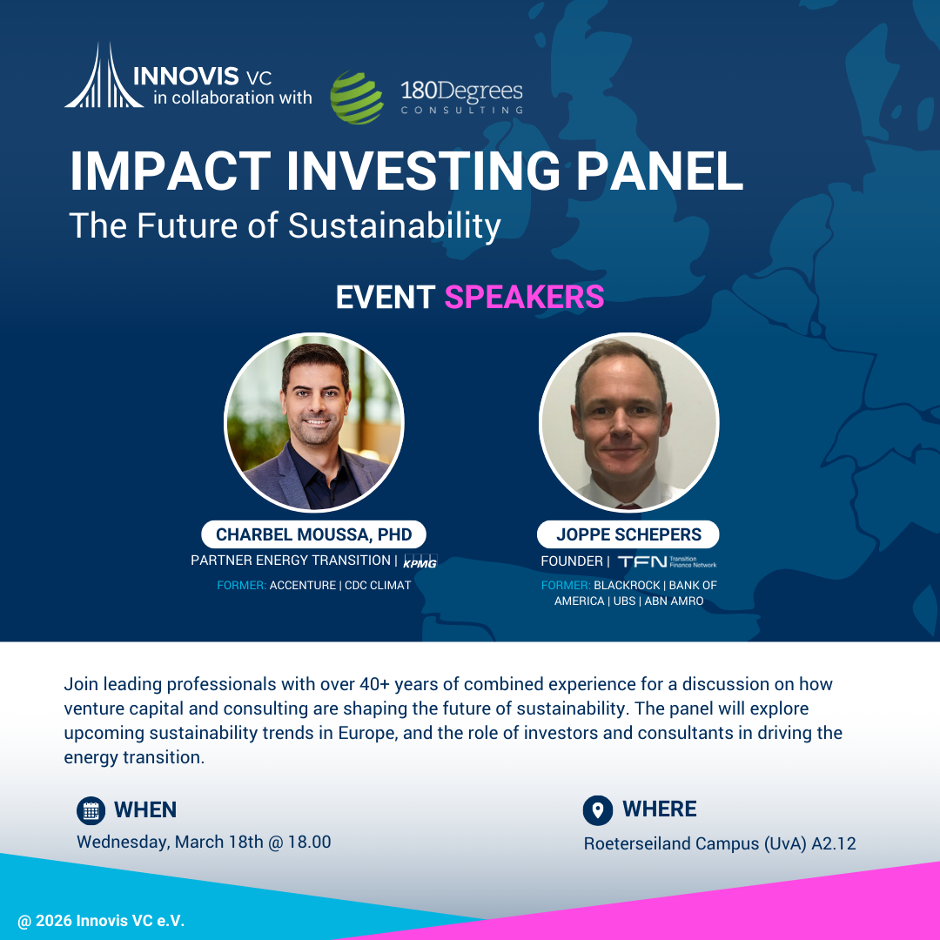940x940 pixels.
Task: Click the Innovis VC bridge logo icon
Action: [104, 76]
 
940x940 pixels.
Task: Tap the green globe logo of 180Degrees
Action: [357, 97]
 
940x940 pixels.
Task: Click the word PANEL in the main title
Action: [660, 171]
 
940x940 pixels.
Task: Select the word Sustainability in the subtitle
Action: [394, 226]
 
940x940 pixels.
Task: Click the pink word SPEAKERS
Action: [524, 297]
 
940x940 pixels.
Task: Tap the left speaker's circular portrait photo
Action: [313, 423]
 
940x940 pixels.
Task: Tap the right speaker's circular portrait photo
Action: [629, 423]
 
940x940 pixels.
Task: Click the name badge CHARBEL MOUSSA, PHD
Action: [313, 534]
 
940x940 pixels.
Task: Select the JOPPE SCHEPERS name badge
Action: [628, 534]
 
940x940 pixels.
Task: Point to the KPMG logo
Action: [420, 561]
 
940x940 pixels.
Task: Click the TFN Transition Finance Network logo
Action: [668, 561]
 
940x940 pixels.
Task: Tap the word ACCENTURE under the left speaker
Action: [303, 585]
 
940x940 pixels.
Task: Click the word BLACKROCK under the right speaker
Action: [627, 585]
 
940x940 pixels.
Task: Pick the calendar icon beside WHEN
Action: [91, 810]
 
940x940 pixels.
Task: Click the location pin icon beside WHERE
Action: [598, 810]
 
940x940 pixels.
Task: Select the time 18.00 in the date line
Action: [309, 842]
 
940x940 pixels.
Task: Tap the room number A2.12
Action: [833, 843]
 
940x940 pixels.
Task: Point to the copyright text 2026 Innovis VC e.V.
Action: [110, 921]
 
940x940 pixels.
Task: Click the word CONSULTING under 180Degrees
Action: [461, 111]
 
